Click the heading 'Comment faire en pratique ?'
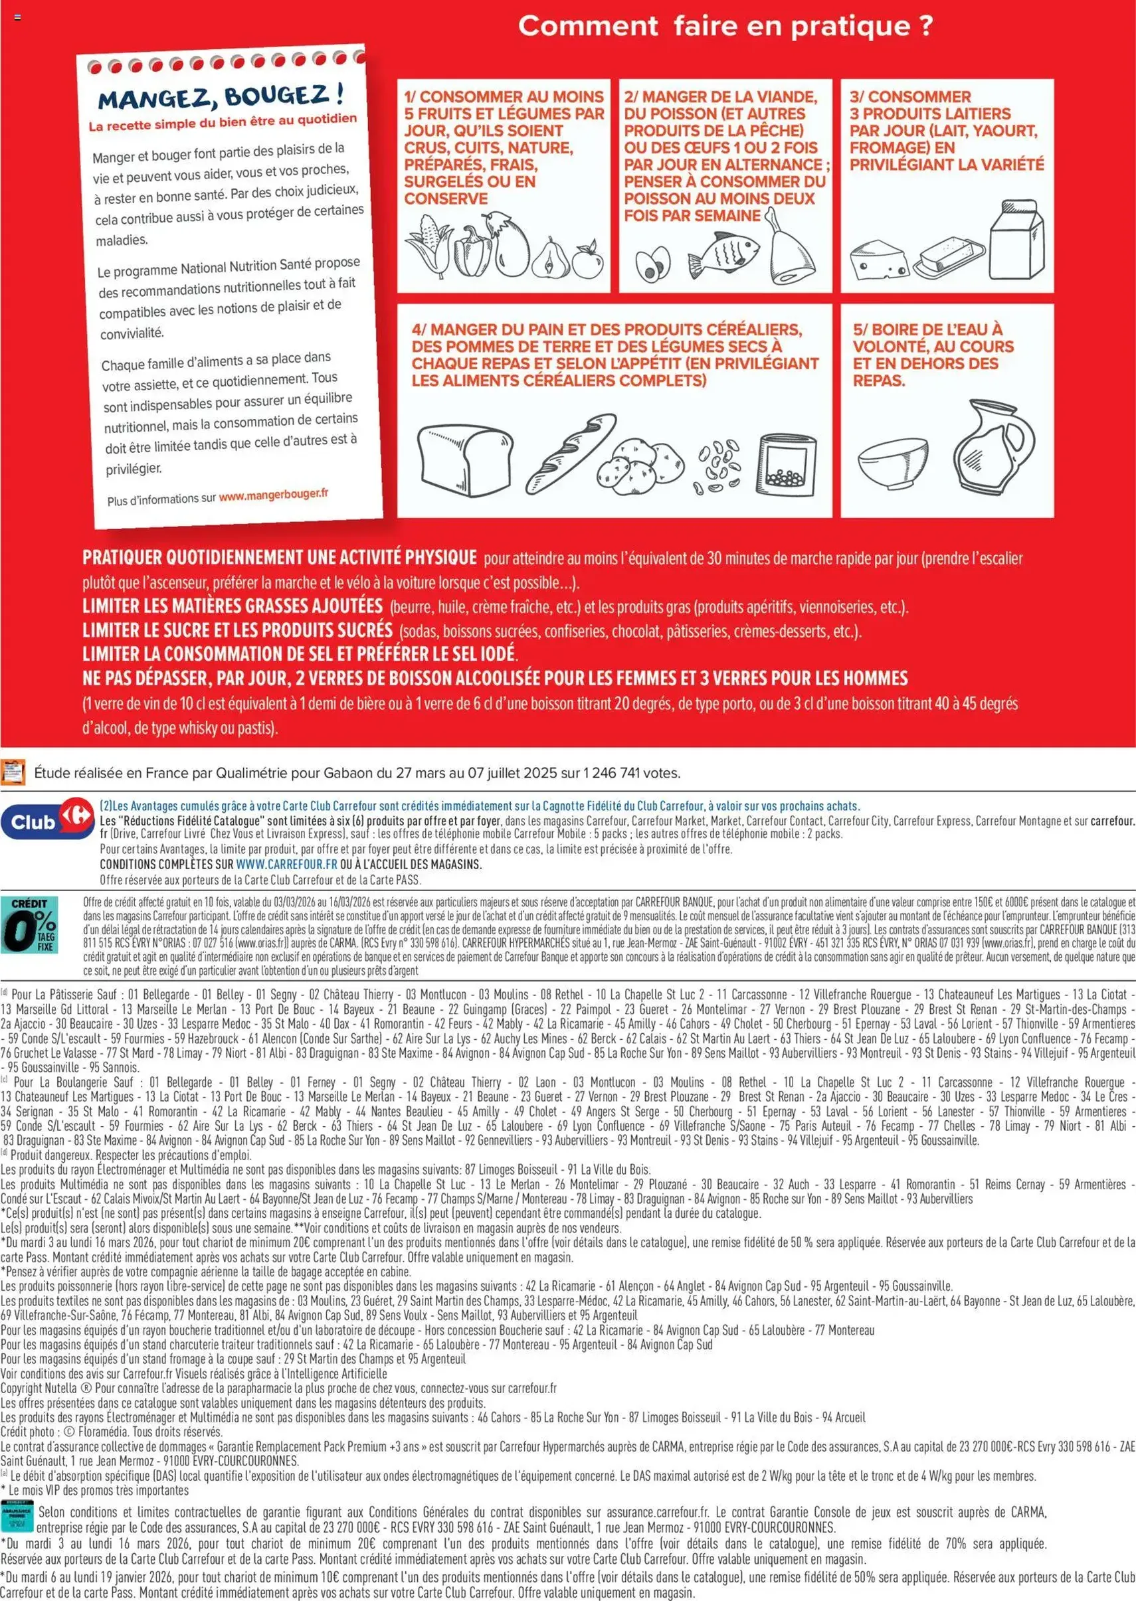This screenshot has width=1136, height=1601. (x=725, y=27)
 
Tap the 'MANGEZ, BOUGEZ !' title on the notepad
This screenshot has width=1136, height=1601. (x=221, y=96)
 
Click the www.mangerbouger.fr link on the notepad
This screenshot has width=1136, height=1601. (x=274, y=494)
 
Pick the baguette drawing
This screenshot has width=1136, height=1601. (x=570, y=453)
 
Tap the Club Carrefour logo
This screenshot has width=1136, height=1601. (x=48, y=821)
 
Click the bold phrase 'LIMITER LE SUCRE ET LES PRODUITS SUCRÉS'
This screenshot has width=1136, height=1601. (x=237, y=630)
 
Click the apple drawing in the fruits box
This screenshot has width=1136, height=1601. (x=587, y=260)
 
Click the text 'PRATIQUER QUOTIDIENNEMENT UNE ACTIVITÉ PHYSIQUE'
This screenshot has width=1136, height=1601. (x=279, y=557)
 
